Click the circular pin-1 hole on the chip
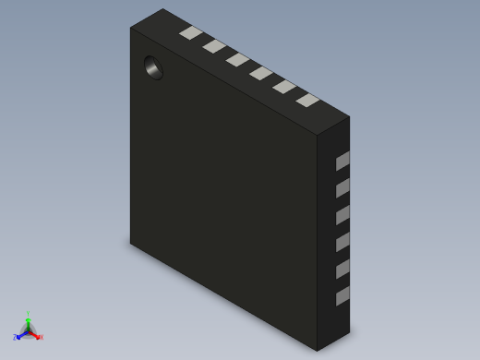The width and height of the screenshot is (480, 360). click(x=153, y=67)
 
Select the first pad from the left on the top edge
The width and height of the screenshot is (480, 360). click(x=191, y=33)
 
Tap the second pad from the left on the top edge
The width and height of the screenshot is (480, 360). click(x=214, y=46)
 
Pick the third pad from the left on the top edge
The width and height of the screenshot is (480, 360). click(x=237, y=60)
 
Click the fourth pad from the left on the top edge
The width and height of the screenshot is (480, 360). click(x=261, y=73)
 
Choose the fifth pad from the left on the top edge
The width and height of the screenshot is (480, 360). click(x=284, y=87)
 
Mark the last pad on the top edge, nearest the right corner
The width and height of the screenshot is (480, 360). click(x=307, y=100)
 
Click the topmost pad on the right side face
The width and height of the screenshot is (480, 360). click(x=342, y=162)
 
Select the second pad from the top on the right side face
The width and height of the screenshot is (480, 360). click(x=342, y=188)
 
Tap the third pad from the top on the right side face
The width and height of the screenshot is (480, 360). click(x=342, y=215)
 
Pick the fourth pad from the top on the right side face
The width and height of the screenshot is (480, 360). click(x=342, y=242)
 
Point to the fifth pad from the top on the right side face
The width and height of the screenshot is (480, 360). click(x=342, y=269)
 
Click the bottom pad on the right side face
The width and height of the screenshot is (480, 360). click(x=342, y=296)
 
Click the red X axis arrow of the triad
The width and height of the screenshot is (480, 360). click(x=35, y=334)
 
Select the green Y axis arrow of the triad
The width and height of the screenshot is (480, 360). click(x=29, y=322)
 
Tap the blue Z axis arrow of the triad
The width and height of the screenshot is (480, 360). click(x=21, y=334)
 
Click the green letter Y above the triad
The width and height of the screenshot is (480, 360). click(x=29, y=314)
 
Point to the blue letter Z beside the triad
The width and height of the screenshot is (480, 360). click(x=16, y=338)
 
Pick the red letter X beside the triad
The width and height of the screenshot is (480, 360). click(x=41, y=338)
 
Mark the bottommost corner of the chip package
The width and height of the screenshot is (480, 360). click(x=318, y=351)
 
